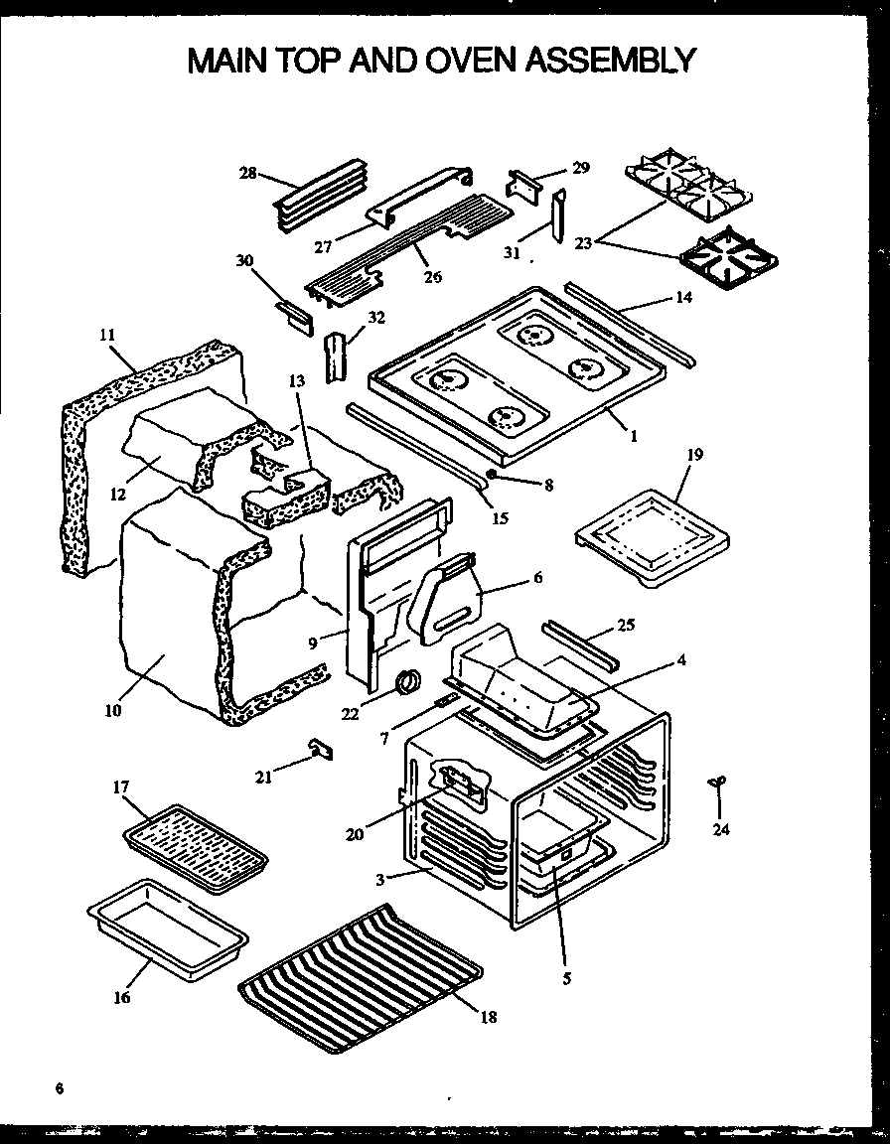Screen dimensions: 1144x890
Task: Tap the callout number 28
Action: pos(248,173)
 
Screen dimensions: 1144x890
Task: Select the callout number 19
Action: pos(694,455)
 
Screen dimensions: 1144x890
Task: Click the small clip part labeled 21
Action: pos(320,748)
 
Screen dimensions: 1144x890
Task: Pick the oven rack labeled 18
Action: pos(361,974)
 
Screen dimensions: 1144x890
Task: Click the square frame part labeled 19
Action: pos(656,541)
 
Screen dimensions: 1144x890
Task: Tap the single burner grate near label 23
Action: pos(729,255)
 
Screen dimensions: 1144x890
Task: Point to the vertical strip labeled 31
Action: pos(560,214)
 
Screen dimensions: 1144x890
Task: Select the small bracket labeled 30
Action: pos(294,316)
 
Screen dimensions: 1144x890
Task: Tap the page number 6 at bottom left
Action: pos(60,1089)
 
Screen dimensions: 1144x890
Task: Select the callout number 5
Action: pos(566,977)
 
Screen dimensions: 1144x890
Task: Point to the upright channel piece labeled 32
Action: pos(336,354)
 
